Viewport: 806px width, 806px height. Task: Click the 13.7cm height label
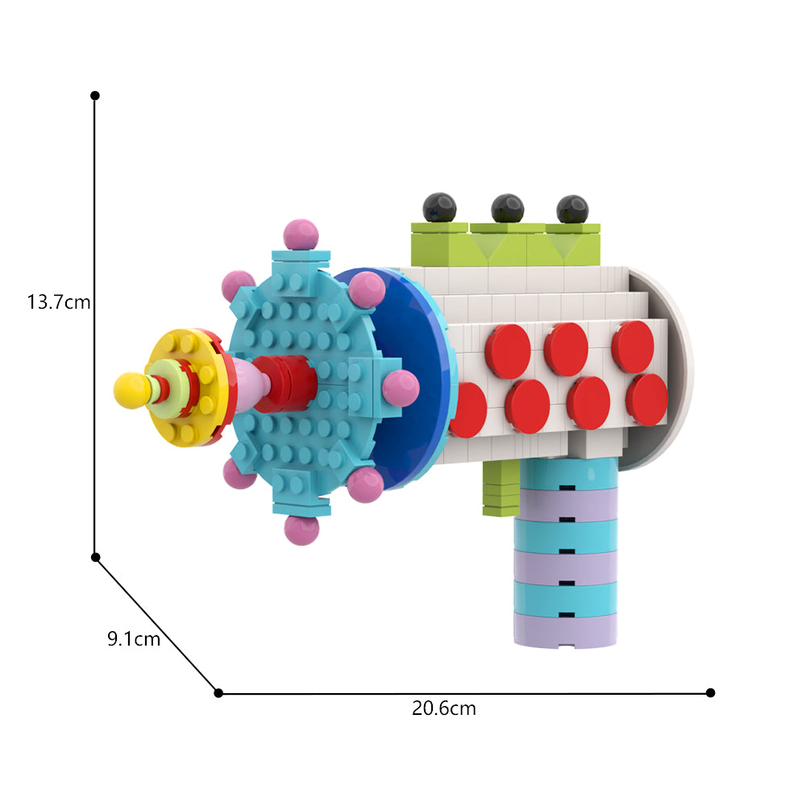(x=59, y=303)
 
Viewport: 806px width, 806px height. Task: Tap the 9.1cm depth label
(x=134, y=639)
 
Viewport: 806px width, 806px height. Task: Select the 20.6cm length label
(x=444, y=709)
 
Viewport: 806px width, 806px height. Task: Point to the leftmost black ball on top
(x=440, y=207)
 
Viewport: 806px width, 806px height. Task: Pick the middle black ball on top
(x=507, y=208)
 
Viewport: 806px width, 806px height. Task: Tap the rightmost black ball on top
(x=572, y=209)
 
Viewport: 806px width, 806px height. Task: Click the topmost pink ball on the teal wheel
(x=301, y=235)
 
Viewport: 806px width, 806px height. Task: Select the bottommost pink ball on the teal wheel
(x=301, y=529)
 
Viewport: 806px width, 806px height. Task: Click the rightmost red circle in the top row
(x=632, y=347)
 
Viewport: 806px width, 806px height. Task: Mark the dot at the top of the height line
(x=95, y=95)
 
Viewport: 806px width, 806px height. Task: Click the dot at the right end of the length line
(x=710, y=692)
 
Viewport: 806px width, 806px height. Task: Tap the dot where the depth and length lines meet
(x=218, y=692)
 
